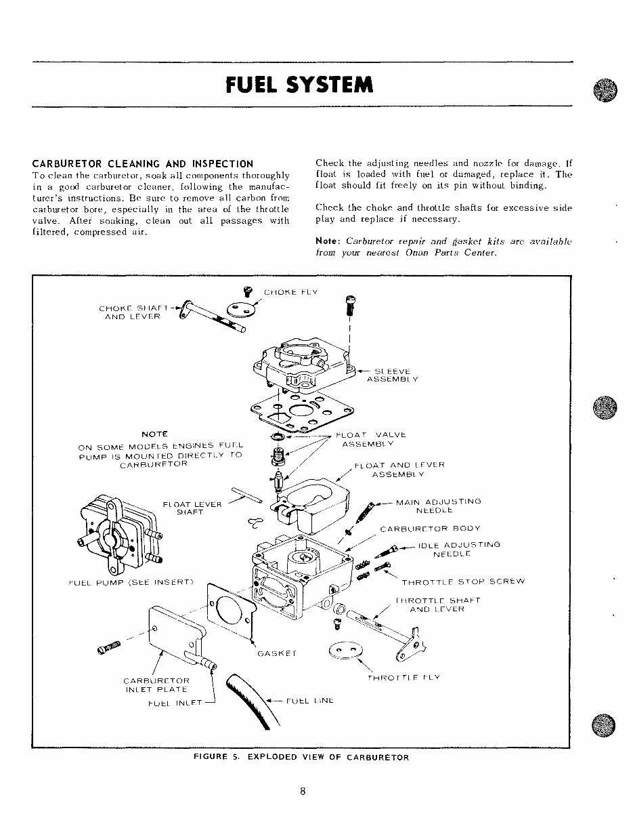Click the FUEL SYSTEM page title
pyautogui.click(x=299, y=85)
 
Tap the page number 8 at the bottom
pyautogui.click(x=304, y=789)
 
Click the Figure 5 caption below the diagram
pyautogui.click(x=301, y=757)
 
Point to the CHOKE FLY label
pyautogui.click(x=290, y=293)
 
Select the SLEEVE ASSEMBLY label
pyautogui.click(x=392, y=375)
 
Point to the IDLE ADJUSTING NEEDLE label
pyautogui.click(x=459, y=549)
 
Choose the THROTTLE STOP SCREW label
pyautogui.click(x=463, y=581)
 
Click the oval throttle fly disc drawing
pyautogui.click(x=345, y=650)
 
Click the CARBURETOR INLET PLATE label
pyautogui.click(x=156, y=685)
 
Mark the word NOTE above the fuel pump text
pyautogui.click(x=154, y=433)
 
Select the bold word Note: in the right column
pyautogui.click(x=328, y=241)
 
